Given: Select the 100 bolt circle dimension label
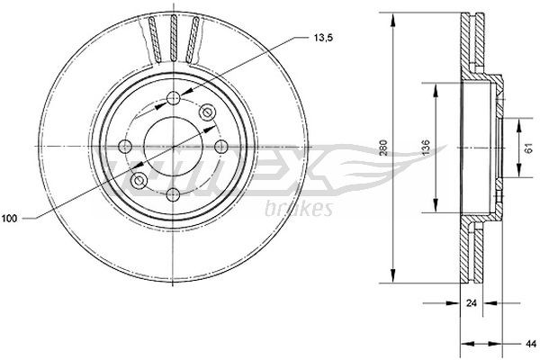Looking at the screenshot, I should (x=11, y=218).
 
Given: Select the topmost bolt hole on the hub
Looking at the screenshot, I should (x=172, y=99).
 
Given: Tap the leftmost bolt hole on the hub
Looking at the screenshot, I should (x=125, y=146).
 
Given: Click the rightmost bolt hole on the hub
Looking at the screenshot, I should (x=219, y=146).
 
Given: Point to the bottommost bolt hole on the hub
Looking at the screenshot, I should (x=172, y=193).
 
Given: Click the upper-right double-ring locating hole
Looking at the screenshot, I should (x=207, y=112).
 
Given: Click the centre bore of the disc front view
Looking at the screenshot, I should (x=172, y=146).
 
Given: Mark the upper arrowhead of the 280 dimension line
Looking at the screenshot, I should (x=394, y=20).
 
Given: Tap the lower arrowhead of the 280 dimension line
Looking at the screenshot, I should (x=394, y=274).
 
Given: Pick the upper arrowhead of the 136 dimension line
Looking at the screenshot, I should (x=437, y=88).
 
